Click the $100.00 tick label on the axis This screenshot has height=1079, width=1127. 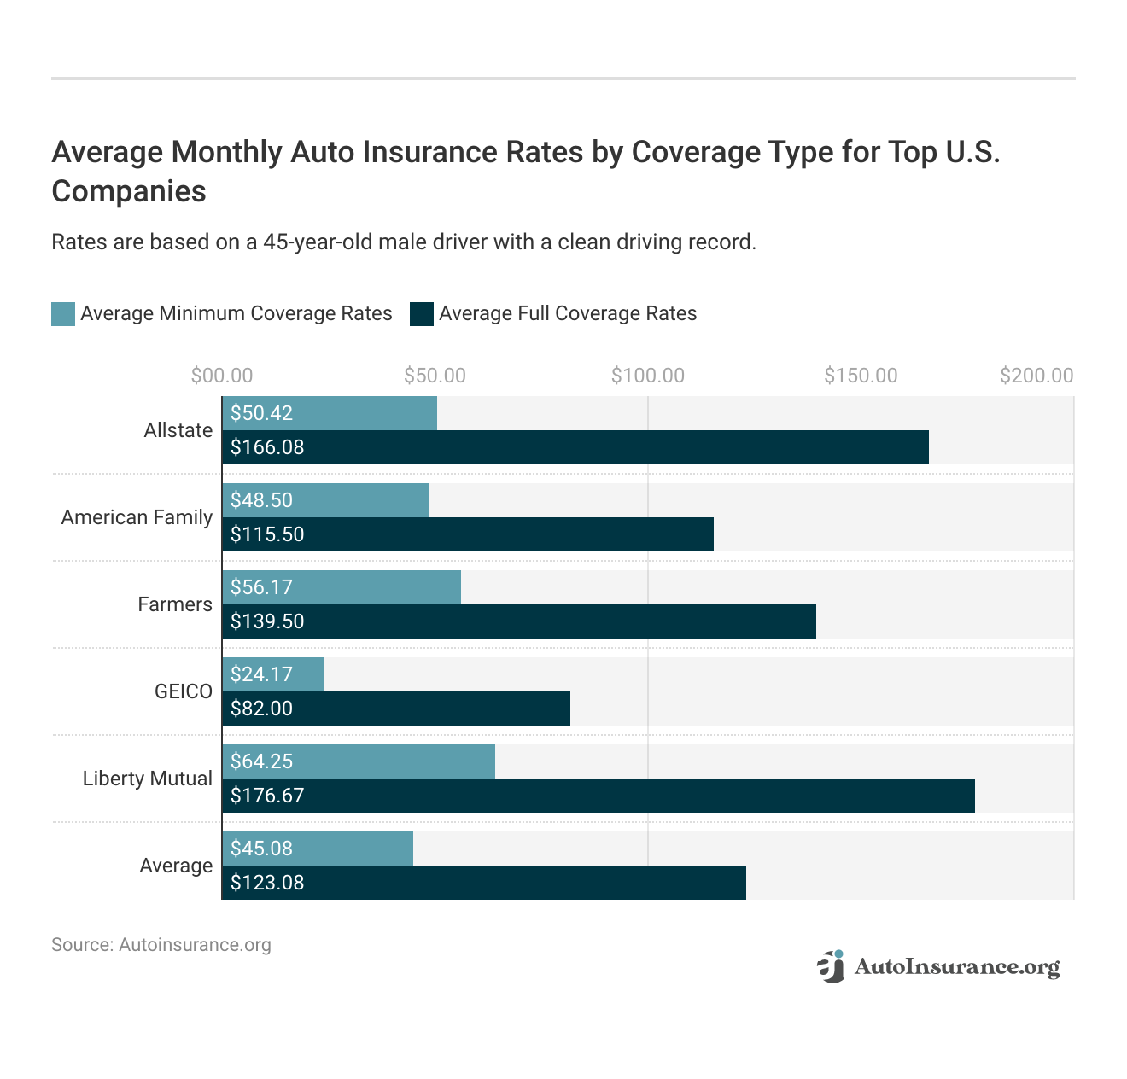pyautogui.click(x=647, y=376)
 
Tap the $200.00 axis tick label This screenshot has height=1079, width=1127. pyautogui.click(x=1036, y=376)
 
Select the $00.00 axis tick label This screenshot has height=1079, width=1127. pyautogui.click(x=222, y=376)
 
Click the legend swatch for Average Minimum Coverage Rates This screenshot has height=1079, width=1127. pyautogui.click(x=63, y=314)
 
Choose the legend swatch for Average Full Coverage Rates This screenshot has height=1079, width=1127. pyautogui.click(x=422, y=314)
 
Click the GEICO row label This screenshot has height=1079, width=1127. pyautogui.click(x=183, y=691)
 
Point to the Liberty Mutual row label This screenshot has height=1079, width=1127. pyautogui.click(x=147, y=779)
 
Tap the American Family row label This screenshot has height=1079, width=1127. pyautogui.click(x=137, y=517)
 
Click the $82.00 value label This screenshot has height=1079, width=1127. pyautogui.click(x=261, y=709)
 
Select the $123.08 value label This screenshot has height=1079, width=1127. pyautogui.click(x=267, y=883)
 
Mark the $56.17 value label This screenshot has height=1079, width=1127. pyautogui.click(x=261, y=587)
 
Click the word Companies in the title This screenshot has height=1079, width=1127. pyautogui.click(x=129, y=191)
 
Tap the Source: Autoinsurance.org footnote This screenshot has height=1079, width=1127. pyautogui.click(x=161, y=945)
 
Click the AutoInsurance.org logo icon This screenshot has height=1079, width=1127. pyautogui.click(x=831, y=966)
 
